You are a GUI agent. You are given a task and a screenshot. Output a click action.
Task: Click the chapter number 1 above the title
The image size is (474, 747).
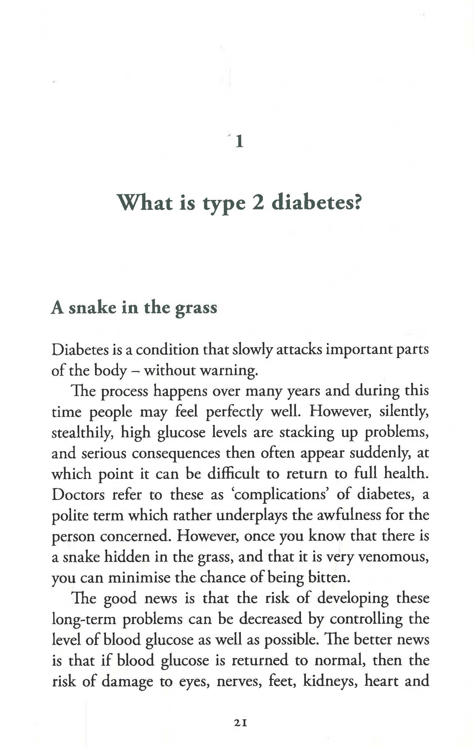(239, 142)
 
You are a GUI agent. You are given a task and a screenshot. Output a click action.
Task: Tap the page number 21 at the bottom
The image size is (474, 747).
(240, 723)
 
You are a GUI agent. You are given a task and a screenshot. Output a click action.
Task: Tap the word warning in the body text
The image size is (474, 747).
(229, 371)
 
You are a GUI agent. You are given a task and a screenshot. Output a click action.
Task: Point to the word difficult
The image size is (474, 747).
(233, 474)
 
